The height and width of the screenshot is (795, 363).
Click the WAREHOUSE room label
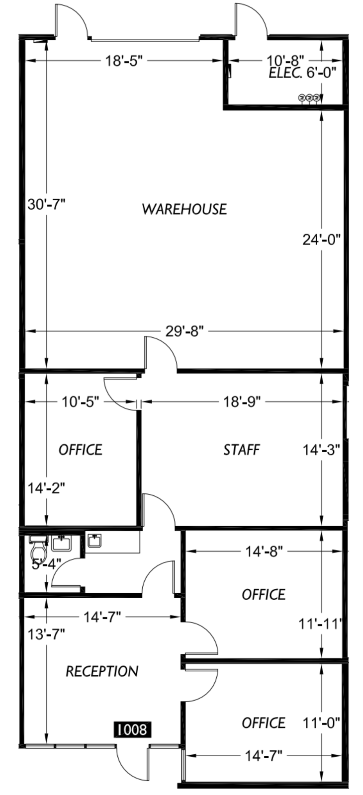(184, 209)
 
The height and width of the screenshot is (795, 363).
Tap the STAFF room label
(242, 450)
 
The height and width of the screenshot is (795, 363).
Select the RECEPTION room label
(102, 671)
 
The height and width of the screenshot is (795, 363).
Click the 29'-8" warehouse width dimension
(184, 331)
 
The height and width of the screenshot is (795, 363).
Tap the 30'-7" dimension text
(47, 205)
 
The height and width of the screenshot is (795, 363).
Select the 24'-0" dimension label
(321, 240)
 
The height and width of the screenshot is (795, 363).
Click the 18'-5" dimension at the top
(123, 61)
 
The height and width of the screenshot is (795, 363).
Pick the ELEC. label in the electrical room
(286, 74)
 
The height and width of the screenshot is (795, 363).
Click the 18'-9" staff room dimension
(242, 402)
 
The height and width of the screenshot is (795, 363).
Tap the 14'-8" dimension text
(264, 552)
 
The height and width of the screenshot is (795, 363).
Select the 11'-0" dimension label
(321, 722)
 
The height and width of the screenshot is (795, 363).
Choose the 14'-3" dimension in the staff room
(321, 450)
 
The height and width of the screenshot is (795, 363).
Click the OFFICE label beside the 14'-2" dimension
(81, 450)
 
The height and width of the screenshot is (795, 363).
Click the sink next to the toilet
(62, 544)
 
